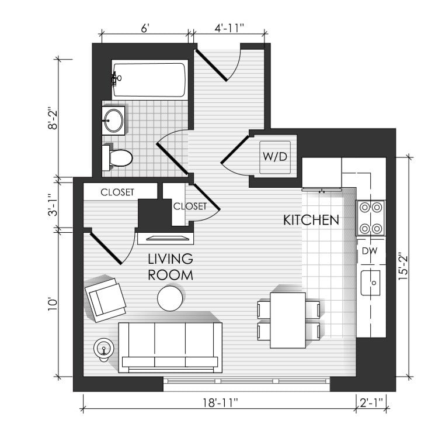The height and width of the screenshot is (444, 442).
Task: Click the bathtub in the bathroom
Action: (x=150, y=80)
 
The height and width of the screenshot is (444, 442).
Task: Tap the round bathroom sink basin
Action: (x=114, y=121)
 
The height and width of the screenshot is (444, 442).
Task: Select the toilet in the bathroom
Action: (x=117, y=158)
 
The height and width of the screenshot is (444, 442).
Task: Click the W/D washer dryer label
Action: (x=274, y=156)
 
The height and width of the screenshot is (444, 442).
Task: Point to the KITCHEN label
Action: (x=311, y=221)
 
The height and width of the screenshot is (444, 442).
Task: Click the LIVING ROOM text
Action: (x=170, y=267)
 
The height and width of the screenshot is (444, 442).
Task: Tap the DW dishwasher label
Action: (x=370, y=251)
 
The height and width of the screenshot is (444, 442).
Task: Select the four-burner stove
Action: (x=371, y=218)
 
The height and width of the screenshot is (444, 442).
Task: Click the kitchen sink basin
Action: (x=371, y=283)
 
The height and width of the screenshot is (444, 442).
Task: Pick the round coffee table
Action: (x=170, y=298)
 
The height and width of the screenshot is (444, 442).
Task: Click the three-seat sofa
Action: (x=170, y=347)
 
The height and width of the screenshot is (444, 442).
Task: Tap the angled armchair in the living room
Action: (x=106, y=300)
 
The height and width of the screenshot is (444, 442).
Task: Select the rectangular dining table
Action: (x=288, y=320)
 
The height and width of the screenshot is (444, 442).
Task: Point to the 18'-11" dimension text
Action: (x=221, y=402)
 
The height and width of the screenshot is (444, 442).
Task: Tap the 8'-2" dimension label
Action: (x=53, y=118)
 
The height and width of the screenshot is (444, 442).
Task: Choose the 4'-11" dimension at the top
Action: (x=229, y=28)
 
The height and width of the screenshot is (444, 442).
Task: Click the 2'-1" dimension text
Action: (x=371, y=402)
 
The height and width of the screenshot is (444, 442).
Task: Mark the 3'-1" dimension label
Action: (x=53, y=205)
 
